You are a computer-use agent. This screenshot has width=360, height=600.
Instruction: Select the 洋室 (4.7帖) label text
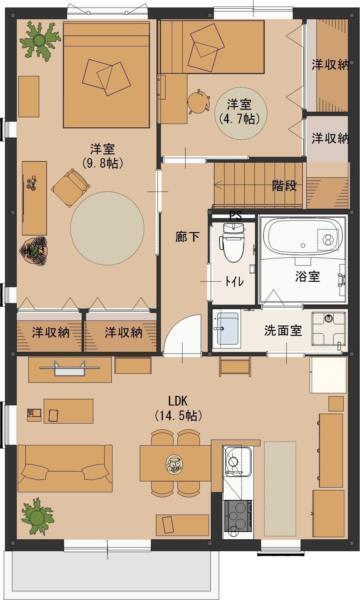tap(238, 110)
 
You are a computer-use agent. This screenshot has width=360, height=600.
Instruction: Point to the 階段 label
tap(285, 186)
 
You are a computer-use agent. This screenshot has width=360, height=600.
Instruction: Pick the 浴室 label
tap(307, 274)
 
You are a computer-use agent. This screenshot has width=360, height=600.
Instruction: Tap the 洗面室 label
tap(283, 329)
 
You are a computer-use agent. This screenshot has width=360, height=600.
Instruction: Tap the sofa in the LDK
tap(65, 468)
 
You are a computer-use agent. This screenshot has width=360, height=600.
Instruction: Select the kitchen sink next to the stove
tap(237, 463)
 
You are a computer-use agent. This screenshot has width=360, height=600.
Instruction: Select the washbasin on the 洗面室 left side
tap(226, 328)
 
